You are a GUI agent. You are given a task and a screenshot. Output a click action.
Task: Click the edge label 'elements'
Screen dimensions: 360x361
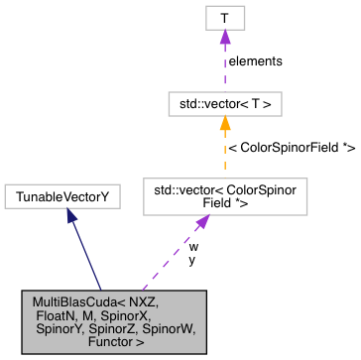255,60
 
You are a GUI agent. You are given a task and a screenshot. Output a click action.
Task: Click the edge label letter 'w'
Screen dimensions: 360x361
193,245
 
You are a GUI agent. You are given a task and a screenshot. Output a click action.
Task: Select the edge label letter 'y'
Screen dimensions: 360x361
191,260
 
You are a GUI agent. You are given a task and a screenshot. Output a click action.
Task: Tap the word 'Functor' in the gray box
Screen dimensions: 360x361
109,341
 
